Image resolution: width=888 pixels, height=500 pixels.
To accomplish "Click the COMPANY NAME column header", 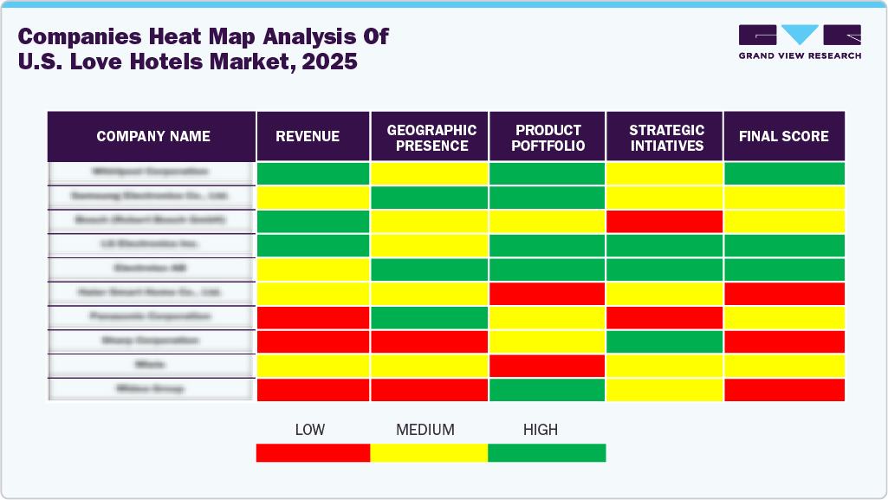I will click(x=152, y=136).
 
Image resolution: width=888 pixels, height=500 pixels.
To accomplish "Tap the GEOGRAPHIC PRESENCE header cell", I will click(x=431, y=137).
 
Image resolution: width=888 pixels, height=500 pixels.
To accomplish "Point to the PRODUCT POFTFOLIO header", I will click(x=548, y=137).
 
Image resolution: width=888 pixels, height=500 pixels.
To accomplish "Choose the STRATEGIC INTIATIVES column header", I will click(x=666, y=137).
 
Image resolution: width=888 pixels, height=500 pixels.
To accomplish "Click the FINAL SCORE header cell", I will click(x=783, y=136).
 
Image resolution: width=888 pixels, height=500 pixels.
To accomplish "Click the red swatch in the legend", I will click(x=313, y=452).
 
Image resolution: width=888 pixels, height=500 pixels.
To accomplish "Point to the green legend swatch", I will click(x=547, y=452).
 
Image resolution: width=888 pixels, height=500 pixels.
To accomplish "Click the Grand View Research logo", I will click(x=799, y=42).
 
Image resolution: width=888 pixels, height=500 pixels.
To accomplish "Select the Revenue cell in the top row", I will click(x=313, y=172).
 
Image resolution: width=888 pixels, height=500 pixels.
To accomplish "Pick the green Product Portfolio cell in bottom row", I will click(x=548, y=390).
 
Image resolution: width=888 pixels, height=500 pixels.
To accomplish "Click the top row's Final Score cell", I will click(x=783, y=172).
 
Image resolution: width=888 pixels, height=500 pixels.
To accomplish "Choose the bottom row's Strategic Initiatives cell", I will click(x=664, y=390).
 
